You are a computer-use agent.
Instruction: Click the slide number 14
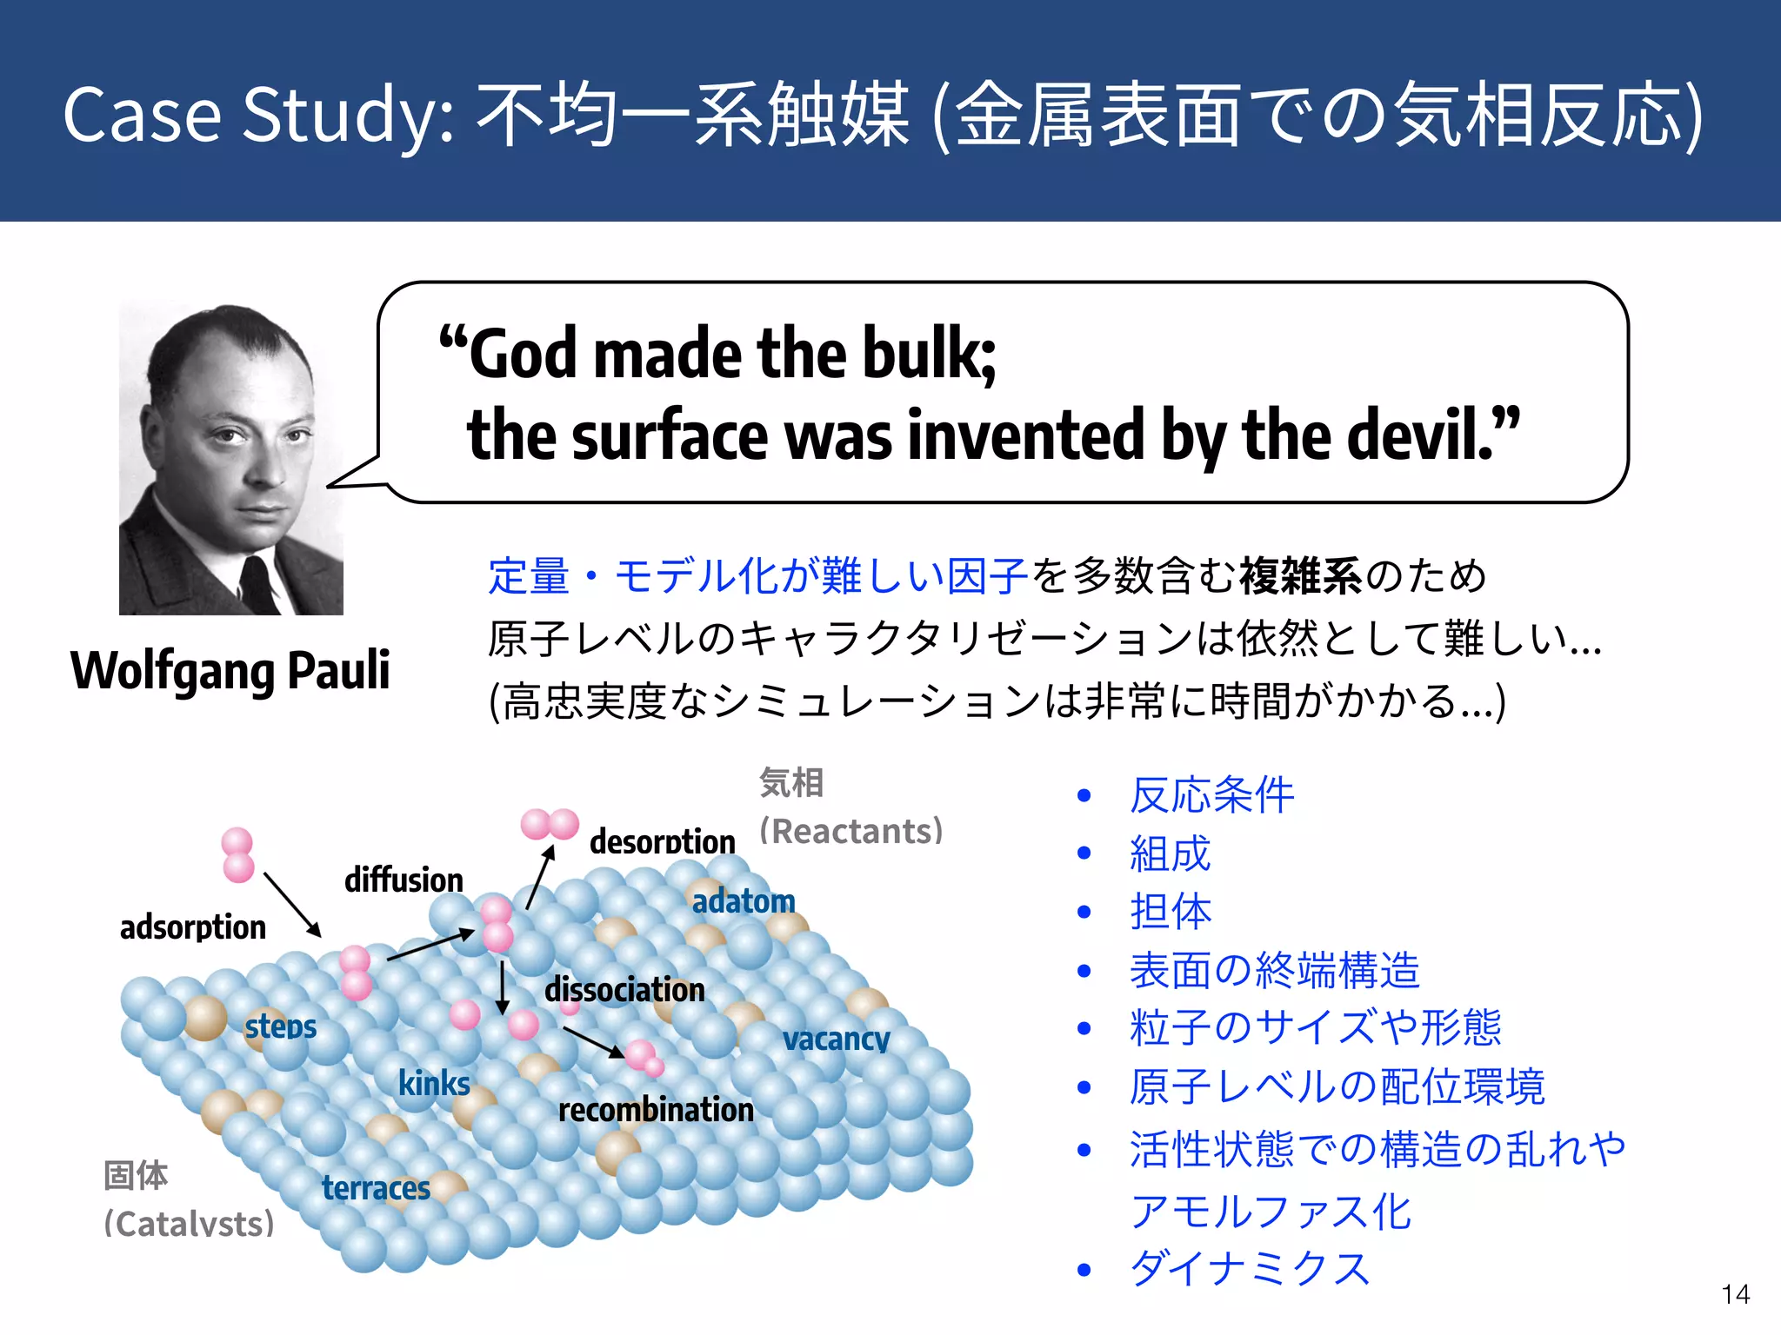click(x=1735, y=1294)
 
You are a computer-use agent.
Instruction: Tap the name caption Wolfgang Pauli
click(x=230, y=670)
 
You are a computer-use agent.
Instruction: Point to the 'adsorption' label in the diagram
click(x=193, y=927)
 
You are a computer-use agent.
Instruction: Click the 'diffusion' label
click(x=404, y=880)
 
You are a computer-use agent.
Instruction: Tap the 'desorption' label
click(x=662, y=841)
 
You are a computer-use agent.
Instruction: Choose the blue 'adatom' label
click(x=744, y=901)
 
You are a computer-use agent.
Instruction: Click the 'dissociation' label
click(x=624, y=990)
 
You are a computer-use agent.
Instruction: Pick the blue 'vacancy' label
click(x=836, y=1039)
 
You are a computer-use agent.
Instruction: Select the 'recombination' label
click(x=656, y=1110)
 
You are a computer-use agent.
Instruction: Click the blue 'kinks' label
click(x=434, y=1084)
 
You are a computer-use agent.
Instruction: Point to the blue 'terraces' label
click(x=376, y=1187)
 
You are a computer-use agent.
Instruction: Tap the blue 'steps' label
click(x=280, y=1026)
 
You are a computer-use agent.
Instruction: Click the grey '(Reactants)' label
click(x=851, y=832)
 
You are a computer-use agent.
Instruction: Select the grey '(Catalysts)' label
click(x=189, y=1224)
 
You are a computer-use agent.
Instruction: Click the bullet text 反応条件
click(x=1211, y=795)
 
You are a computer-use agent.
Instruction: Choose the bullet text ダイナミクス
click(x=1250, y=1269)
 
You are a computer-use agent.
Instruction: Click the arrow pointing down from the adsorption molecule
click(x=292, y=905)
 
